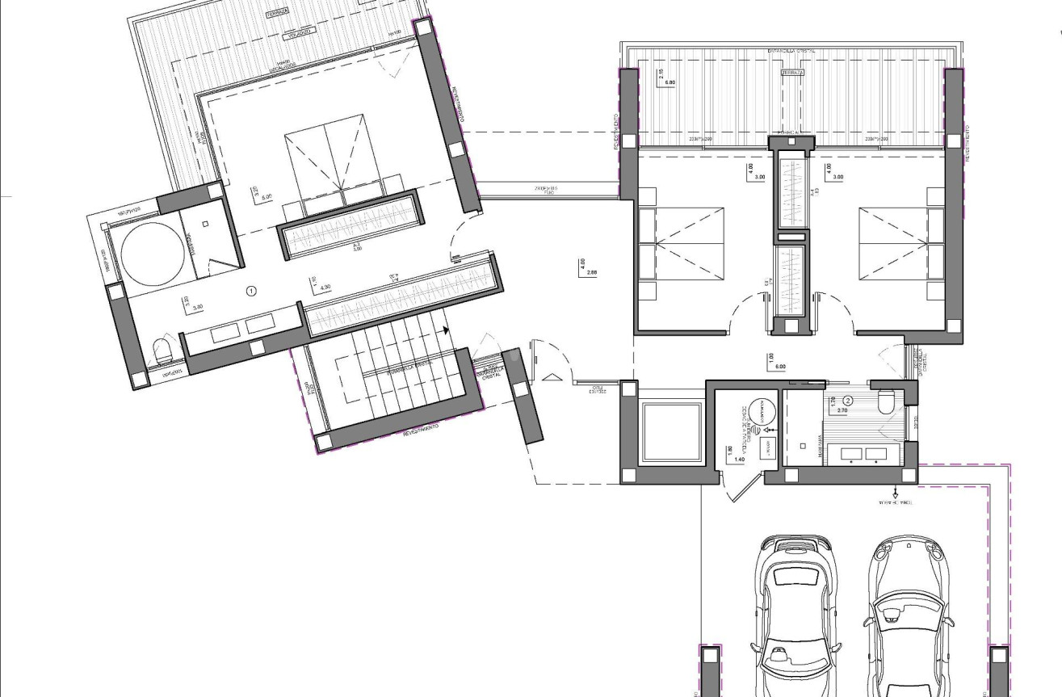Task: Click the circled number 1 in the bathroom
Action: [251, 290]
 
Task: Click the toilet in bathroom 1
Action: [162, 351]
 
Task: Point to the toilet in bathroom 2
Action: [887, 401]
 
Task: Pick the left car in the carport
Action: [795, 614]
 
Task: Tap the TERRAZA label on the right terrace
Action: [792, 73]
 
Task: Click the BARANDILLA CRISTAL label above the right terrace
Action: [791, 51]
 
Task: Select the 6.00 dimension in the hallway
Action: [780, 366]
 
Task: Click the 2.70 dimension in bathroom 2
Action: [842, 410]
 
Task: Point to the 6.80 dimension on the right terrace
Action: [670, 82]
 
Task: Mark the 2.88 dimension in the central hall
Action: [592, 272]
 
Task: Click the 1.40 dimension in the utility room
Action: [739, 459]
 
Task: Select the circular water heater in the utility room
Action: [760, 410]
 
